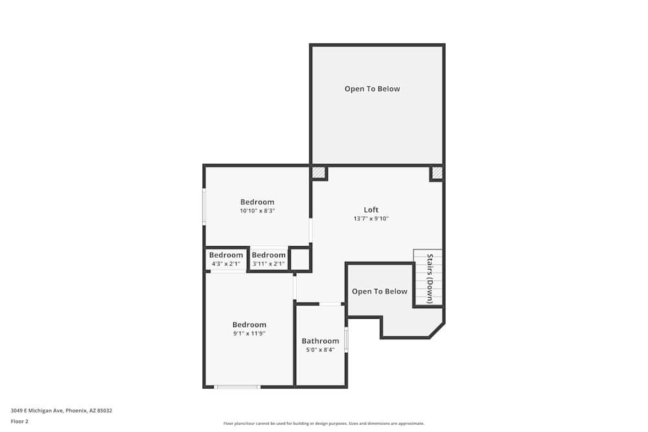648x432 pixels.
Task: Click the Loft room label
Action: (x=371, y=210)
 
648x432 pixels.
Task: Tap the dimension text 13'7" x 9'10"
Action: (x=371, y=218)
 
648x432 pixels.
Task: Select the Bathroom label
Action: (x=320, y=341)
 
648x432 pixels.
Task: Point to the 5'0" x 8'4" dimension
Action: (x=320, y=350)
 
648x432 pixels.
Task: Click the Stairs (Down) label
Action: (x=430, y=279)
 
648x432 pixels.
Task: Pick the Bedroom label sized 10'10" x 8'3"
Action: (x=257, y=202)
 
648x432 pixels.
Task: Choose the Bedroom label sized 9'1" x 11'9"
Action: (x=249, y=324)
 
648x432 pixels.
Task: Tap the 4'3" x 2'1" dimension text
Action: (x=226, y=264)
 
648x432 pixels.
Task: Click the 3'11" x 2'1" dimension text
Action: (x=269, y=264)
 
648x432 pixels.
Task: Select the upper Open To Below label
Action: (x=373, y=89)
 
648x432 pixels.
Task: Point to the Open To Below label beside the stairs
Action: (x=380, y=291)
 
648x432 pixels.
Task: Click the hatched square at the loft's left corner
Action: (x=318, y=172)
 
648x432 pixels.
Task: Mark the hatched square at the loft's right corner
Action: (x=437, y=173)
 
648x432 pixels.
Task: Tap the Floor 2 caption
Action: (x=19, y=421)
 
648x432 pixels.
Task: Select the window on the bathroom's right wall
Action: (x=346, y=340)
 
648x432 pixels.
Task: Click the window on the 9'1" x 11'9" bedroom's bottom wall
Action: (x=237, y=387)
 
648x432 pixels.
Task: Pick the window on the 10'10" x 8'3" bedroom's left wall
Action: (x=203, y=207)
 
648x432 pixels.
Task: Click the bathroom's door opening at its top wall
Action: (x=330, y=304)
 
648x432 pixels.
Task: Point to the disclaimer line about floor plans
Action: (x=323, y=424)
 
